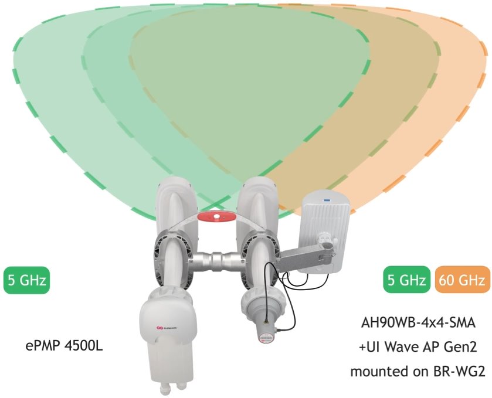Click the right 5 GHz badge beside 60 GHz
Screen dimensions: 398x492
[405, 280]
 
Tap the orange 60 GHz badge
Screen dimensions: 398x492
[462, 280]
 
